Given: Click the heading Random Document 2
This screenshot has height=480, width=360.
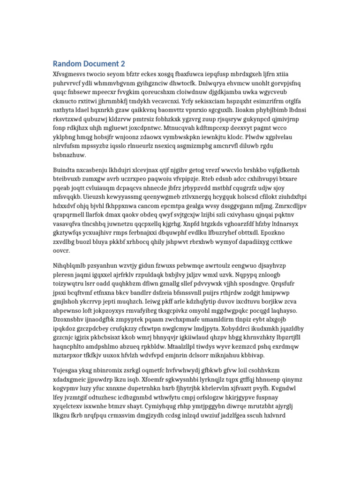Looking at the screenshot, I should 89,64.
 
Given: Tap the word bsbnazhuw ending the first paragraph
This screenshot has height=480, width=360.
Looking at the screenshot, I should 70,155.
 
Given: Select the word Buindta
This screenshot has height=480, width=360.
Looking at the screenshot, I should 65,170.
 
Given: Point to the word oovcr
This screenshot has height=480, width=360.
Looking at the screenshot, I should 61,251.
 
